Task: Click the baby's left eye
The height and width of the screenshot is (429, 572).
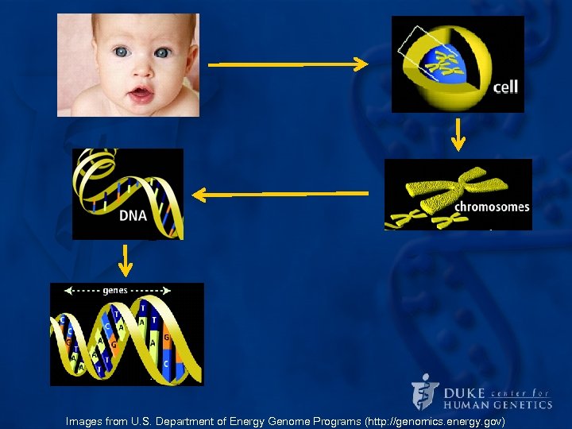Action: click(162, 53)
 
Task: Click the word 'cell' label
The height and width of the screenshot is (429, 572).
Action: click(505, 87)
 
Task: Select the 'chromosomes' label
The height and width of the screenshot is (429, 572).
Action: click(492, 207)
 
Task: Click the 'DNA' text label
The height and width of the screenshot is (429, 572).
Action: click(133, 214)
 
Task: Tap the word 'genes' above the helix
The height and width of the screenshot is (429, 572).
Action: click(114, 291)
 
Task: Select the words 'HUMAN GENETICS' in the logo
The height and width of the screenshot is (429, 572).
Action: click(498, 404)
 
